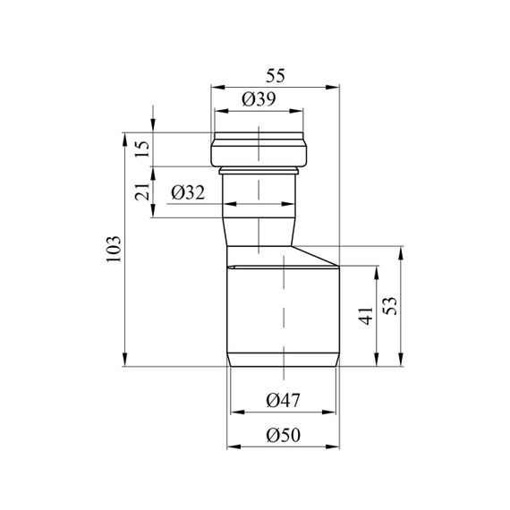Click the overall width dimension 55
pos(276,76)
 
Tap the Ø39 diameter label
pos(259,99)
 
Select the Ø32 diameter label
pos(188,192)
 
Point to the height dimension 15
pos(143,149)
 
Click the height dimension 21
pos(143,191)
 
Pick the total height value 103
pos(114,249)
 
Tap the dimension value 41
pos(366,316)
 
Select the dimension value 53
pos(390,306)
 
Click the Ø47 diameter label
pos(283,400)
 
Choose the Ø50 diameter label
pos(283,435)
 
